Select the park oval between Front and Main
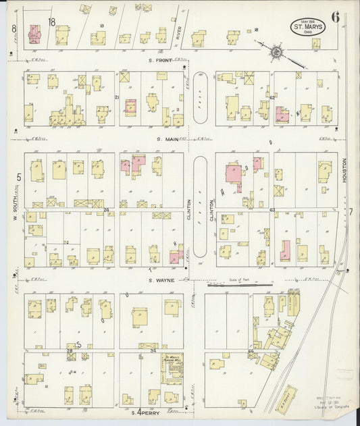pos(201,98)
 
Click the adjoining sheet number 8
pos(14,28)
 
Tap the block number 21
pos(116,98)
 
